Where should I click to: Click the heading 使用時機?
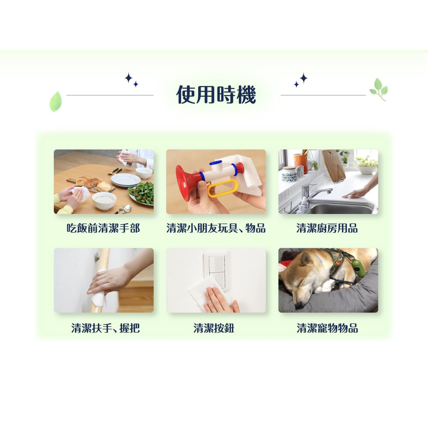pos(216,95)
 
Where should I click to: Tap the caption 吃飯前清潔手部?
pos(104,228)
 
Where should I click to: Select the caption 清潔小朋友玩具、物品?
pos(216,228)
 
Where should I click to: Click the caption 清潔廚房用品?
pos(327,228)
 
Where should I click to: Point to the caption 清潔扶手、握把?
pos(105,328)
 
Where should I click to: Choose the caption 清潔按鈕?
pos(214,328)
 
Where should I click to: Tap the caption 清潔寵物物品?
pos(327,328)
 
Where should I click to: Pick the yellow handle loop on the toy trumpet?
pos(223,188)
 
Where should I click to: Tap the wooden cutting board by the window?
pos(333,166)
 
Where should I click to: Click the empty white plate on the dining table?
pos(125,180)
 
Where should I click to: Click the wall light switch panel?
pos(216,269)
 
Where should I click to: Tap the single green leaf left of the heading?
pos(56,101)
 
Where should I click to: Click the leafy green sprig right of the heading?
pos(379,89)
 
